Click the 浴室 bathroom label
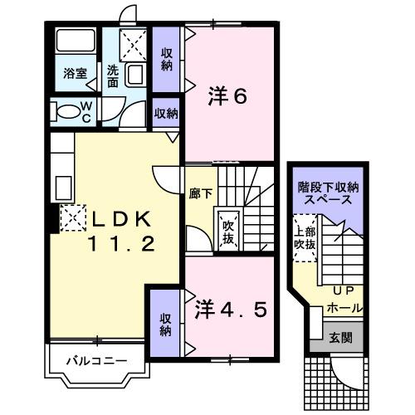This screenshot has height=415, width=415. pos(76,73)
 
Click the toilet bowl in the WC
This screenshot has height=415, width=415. pos(66,110)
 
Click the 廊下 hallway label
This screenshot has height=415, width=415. pos(202,193)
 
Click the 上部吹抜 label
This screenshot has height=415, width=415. pos(303,239)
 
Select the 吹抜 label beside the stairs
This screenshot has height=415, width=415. pos(227,232)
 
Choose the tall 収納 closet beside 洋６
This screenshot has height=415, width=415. pos(166,58)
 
